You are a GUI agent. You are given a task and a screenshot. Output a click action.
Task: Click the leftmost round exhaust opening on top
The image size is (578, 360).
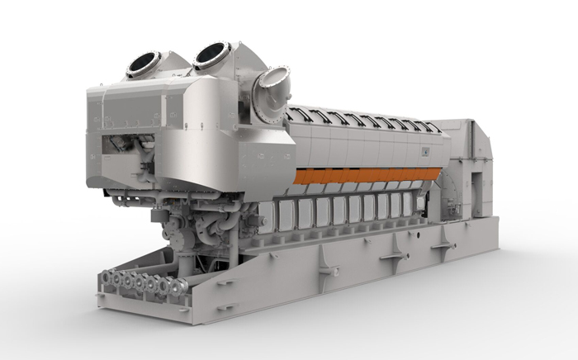coord(144,64)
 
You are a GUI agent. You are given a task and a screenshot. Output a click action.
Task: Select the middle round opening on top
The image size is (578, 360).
coord(212,54)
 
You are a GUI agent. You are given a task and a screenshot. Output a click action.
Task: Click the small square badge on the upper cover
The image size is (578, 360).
coord(425,150)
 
